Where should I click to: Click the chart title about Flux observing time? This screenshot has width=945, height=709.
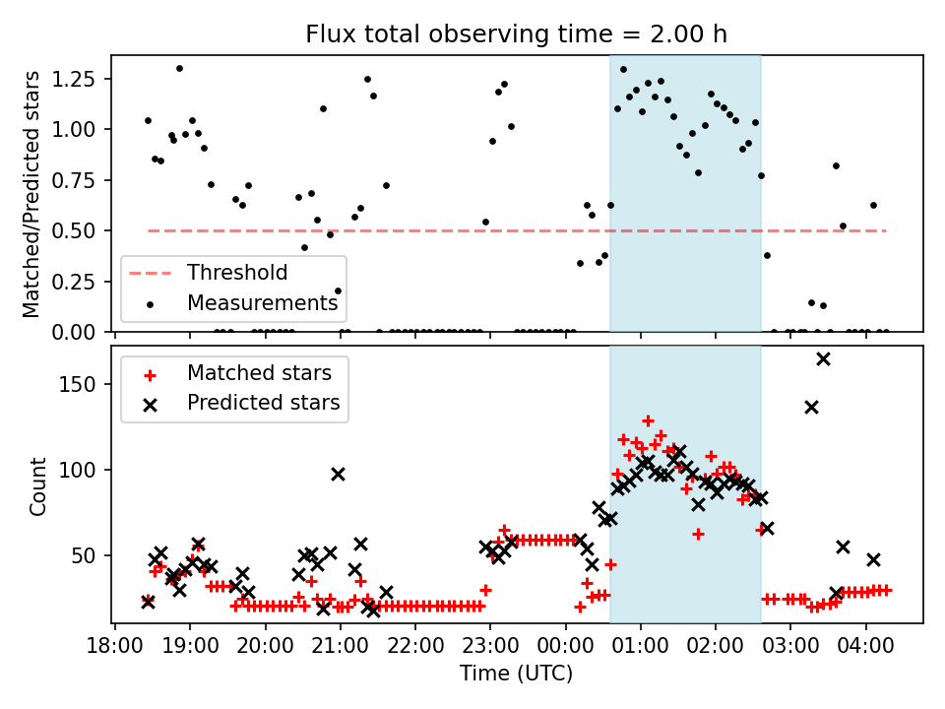coord(517,35)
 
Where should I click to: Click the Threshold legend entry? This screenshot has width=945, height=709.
coord(237,273)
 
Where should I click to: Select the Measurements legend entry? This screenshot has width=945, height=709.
coord(262,302)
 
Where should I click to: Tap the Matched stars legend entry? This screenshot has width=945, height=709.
coord(259,373)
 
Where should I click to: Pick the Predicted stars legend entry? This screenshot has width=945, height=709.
coord(263,402)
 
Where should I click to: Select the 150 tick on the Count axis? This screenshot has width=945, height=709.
coord(88,384)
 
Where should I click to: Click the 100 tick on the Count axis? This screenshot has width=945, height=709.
coord(88,470)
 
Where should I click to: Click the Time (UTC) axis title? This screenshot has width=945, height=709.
coord(516,676)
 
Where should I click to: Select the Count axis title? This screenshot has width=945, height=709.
coord(38,485)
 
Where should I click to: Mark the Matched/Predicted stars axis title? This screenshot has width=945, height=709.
coord(31,193)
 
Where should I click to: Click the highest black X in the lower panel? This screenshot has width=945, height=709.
coord(823,358)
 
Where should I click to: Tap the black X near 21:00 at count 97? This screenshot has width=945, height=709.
coord(339,474)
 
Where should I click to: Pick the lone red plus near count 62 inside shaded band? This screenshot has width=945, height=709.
coord(698,534)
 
